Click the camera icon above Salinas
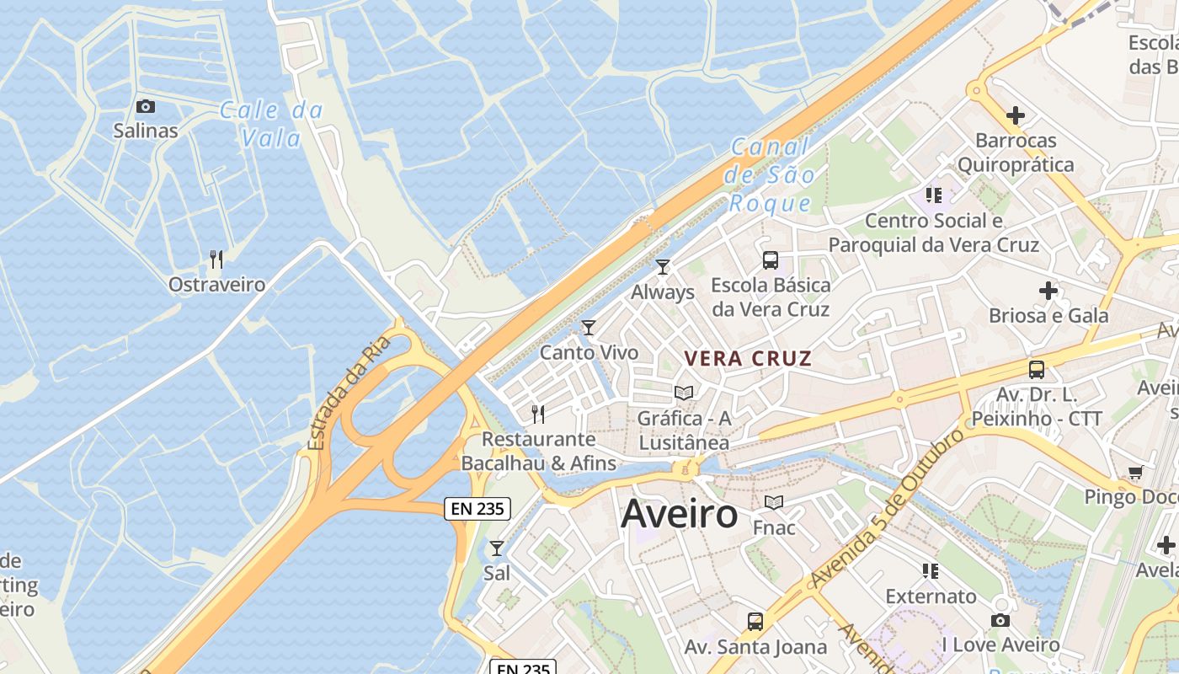(146, 106)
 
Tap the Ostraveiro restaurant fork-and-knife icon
(216, 259)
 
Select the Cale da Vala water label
(271, 123)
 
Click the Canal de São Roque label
(771, 175)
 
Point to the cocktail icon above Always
(663, 267)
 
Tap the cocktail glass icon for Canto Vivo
(589, 328)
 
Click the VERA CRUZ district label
(748, 358)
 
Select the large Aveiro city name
(679, 513)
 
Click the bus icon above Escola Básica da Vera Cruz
(770, 260)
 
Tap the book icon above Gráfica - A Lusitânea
(684, 393)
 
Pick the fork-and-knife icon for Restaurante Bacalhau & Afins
(538, 414)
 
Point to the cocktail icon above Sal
(497, 548)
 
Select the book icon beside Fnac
(773, 503)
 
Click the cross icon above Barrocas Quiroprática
(1016, 115)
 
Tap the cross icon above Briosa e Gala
(1048, 292)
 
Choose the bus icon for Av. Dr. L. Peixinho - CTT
(1037, 369)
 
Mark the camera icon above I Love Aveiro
(1000, 621)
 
